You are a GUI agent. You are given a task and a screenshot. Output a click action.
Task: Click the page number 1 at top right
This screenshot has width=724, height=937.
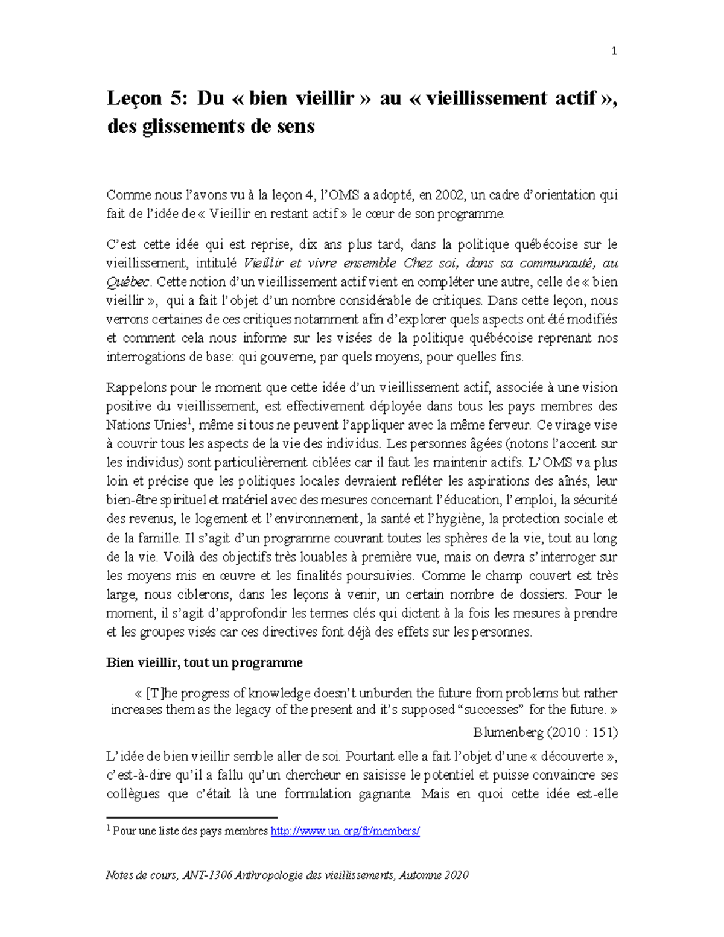point(614,51)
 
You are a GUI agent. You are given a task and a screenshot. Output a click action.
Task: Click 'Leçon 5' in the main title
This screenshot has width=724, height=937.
point(143,98)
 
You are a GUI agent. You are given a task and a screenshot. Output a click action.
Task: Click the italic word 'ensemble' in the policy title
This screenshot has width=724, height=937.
point(369,263)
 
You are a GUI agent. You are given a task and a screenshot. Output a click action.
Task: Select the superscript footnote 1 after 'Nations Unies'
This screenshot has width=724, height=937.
point(189,421)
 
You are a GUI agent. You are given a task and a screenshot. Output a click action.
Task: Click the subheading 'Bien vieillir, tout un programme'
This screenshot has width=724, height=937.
point(204,662)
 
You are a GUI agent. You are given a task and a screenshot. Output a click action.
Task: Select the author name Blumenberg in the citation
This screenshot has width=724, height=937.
point(508,732)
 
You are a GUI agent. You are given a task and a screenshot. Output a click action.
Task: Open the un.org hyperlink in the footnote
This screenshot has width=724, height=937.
point(345,831)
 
